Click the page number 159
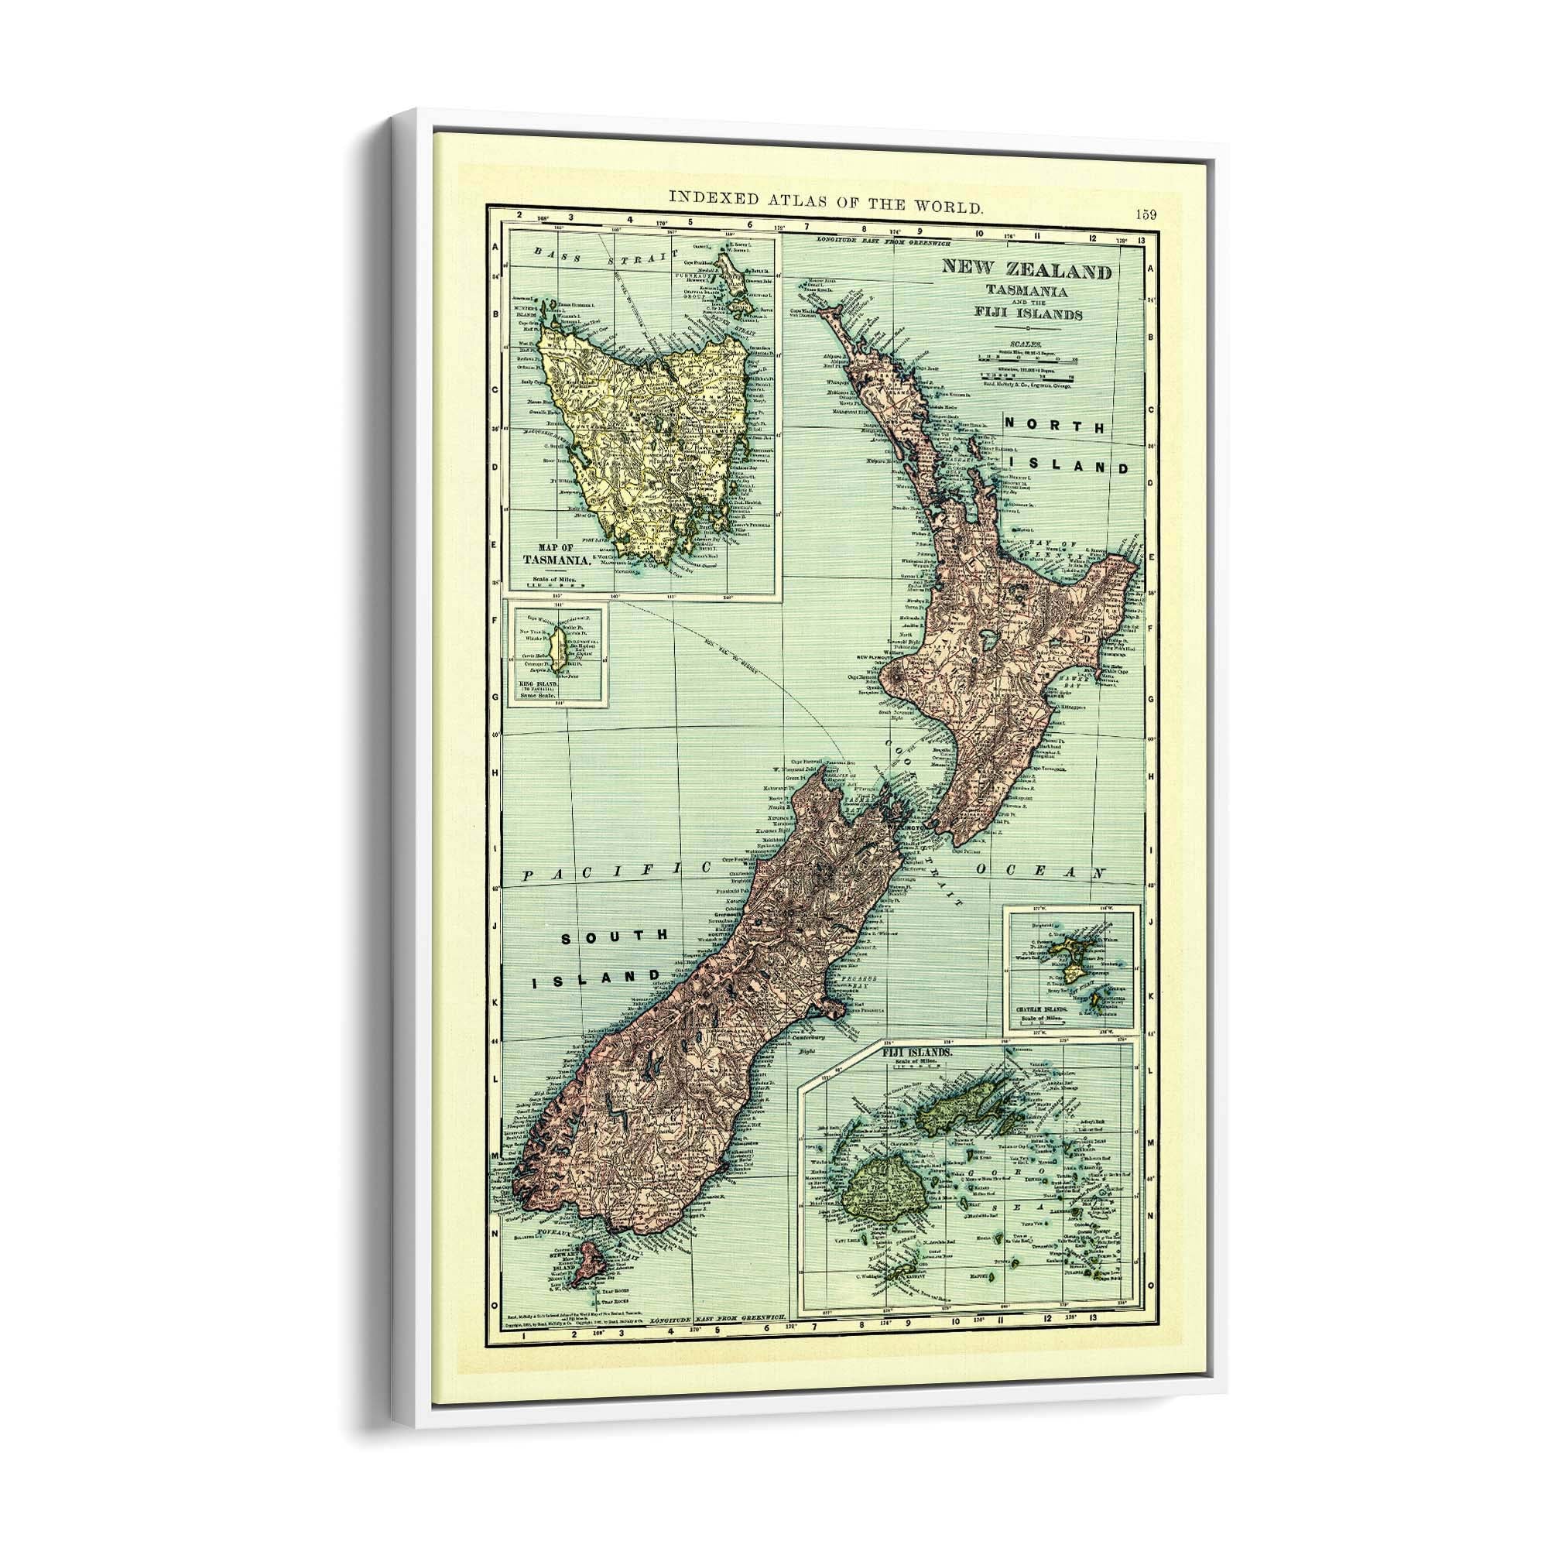1146,214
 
